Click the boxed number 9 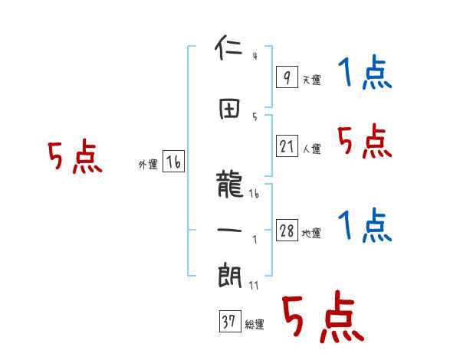coord(286,77)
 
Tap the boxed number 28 coord(287,231)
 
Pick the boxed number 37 coord(228,322)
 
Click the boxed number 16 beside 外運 coord(173,162)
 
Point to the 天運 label coord(311,80)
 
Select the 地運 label coord(311,234)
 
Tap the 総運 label coord(255,324)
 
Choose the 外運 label coord(147,164)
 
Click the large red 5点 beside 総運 coord(322,318)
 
